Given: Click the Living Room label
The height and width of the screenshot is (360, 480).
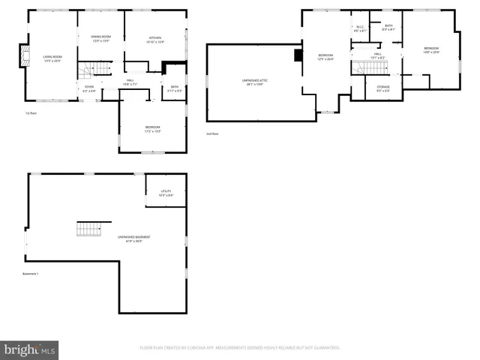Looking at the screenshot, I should [52, 58].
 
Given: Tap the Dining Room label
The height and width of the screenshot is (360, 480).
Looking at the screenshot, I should [100, 37].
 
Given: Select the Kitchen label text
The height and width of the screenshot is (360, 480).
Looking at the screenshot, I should [155, 39].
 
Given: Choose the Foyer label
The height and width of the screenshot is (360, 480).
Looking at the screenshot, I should [89, 87].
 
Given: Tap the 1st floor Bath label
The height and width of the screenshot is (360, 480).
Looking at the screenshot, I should [174, 87].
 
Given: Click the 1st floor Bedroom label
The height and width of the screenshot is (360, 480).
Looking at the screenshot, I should [152, 128].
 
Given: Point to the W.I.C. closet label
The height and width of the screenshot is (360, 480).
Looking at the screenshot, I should [360, 28].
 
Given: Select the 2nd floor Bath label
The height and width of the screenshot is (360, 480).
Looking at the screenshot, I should [388, 28].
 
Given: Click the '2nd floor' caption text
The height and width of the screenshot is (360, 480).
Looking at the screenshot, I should [212, 134].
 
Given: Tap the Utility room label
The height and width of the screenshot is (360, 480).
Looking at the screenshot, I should [166, 193].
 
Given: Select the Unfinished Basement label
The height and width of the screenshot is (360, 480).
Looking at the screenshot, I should [129, 238].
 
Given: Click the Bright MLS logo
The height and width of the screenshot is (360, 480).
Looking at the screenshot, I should [30, 349].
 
